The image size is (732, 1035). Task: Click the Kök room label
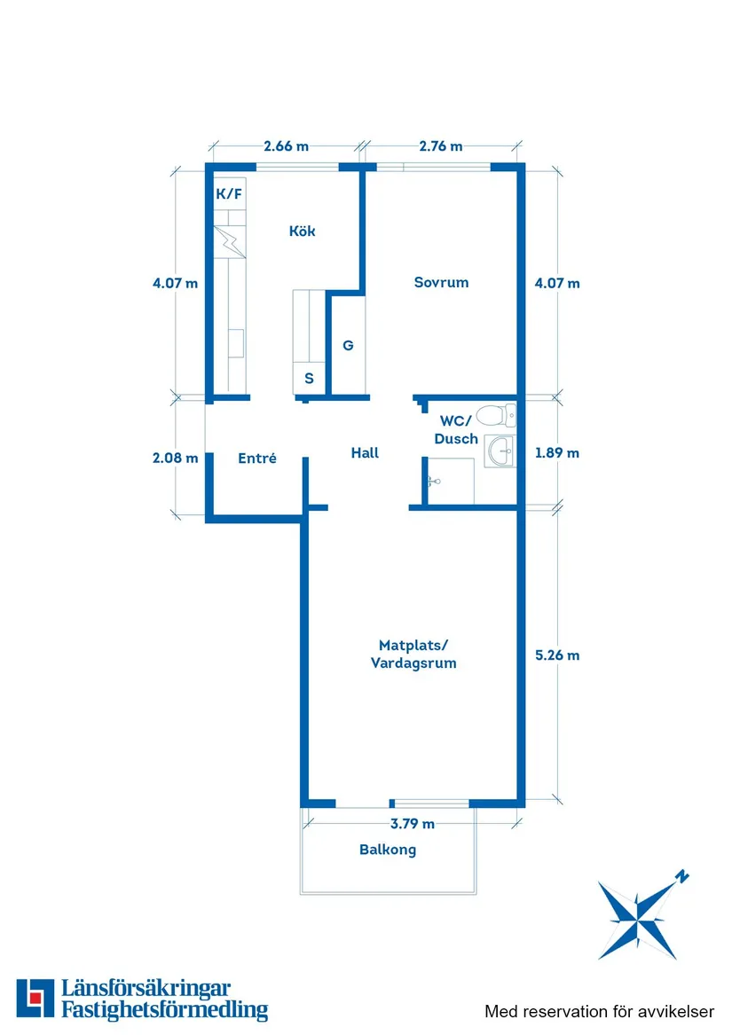click(x=302, y=231)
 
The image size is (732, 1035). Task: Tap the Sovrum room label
click(x=441, y=283)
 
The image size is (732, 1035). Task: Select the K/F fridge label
click(x=229, y=194)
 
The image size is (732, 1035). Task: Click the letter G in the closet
click(x=348, y=345)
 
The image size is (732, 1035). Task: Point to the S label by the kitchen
click(x=309, y=379)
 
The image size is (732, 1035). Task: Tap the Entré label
click(x=257, y=459)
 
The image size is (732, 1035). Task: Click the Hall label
click(x=365, y=453)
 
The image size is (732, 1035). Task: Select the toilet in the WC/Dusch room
click(x=496, y=416)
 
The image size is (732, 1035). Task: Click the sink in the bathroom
click(x=500, y=451)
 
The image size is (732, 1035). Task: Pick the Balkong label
click(x=388, y=850)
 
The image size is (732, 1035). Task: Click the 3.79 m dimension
click(x=413, y=824)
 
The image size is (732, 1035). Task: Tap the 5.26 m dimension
click(x=557, y=655)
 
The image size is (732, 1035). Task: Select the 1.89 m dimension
click(x=557, y=453)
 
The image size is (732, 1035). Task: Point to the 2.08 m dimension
click(x=175, y=458)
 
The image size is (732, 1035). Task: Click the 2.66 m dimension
click(x=286, y=145)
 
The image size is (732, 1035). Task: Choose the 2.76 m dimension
click(x=441, y=145)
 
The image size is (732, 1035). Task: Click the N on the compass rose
click(x=681, y=876)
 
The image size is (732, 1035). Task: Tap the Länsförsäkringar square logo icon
click(x=35, y=998)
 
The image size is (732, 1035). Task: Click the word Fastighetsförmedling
click(x=165, y=1010)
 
